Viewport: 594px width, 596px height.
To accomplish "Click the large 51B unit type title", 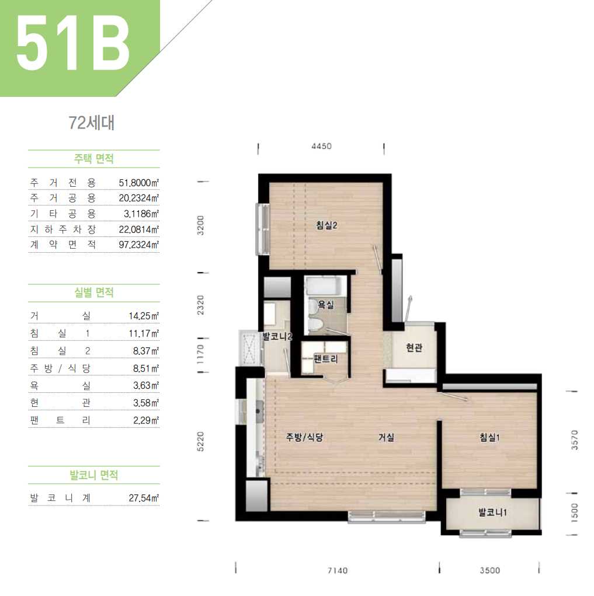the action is click(x=72, y=44).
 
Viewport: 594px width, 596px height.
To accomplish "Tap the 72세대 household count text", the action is click(x=92, y=123).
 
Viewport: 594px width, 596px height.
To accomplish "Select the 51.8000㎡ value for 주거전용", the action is click(x=139, y=183).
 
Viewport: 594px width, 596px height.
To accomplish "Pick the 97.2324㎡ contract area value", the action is click(x=139, y=245).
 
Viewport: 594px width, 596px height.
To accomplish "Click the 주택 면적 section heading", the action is click(x=94, y=159).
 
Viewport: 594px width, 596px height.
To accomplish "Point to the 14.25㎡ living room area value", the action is click(x=144, y=316).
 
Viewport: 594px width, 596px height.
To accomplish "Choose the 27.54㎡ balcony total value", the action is click(x=144, y=498).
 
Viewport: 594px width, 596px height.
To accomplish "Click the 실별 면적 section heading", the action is click(x=94, y=292).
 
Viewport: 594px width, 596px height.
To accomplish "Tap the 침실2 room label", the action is click(x=326, y=225).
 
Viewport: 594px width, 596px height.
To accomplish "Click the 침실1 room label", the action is click(x=489, y=437).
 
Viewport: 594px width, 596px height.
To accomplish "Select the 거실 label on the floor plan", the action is click(x=386, y=437).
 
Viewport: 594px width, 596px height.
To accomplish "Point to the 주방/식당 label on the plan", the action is click(x=304, y=437).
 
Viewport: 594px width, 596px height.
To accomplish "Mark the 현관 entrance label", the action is click(x=414, y=347).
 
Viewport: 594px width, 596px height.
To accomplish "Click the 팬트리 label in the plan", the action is click(x=326, y=359).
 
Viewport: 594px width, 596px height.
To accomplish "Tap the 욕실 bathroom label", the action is click(x=326, y=305).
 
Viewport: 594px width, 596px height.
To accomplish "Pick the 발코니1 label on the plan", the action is click(x=492, y=513).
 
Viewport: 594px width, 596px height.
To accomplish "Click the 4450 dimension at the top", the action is click(x=321, y=147).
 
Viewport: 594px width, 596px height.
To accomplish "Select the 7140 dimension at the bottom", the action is click(x=338, y=570).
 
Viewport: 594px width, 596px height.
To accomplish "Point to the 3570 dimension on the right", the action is click(x=575, y=440).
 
